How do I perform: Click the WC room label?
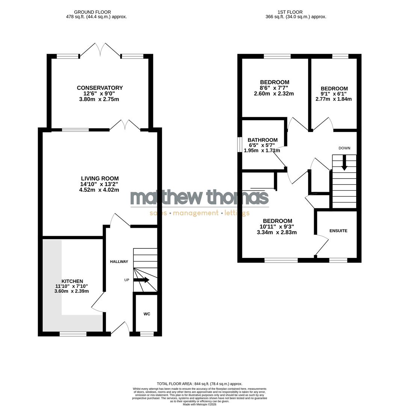(x=147, y=314)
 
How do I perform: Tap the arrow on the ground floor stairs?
(x=141, y=280)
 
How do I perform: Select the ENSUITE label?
(x=338, y=231)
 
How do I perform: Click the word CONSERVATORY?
(x=100, y=88)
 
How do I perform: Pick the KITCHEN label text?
(x=72, y=281)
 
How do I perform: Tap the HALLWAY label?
(x=119, y=262)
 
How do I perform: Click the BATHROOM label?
(x=263, y=140)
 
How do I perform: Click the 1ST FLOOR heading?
(x=289, y=12)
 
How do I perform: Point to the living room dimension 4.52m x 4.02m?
(x=100, y=190)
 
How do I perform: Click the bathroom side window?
(x=239, y=145)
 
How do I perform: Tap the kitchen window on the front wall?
(x=73, y=334)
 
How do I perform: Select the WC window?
(x=147, y=334)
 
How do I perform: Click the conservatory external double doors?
(x=100, y=50)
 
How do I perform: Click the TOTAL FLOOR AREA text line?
(x=199, y=383)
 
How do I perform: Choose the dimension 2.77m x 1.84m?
(x=334, y=99)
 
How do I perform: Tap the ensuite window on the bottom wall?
(x=338, y=260)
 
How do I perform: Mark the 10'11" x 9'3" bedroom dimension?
(x=277, y=227)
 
